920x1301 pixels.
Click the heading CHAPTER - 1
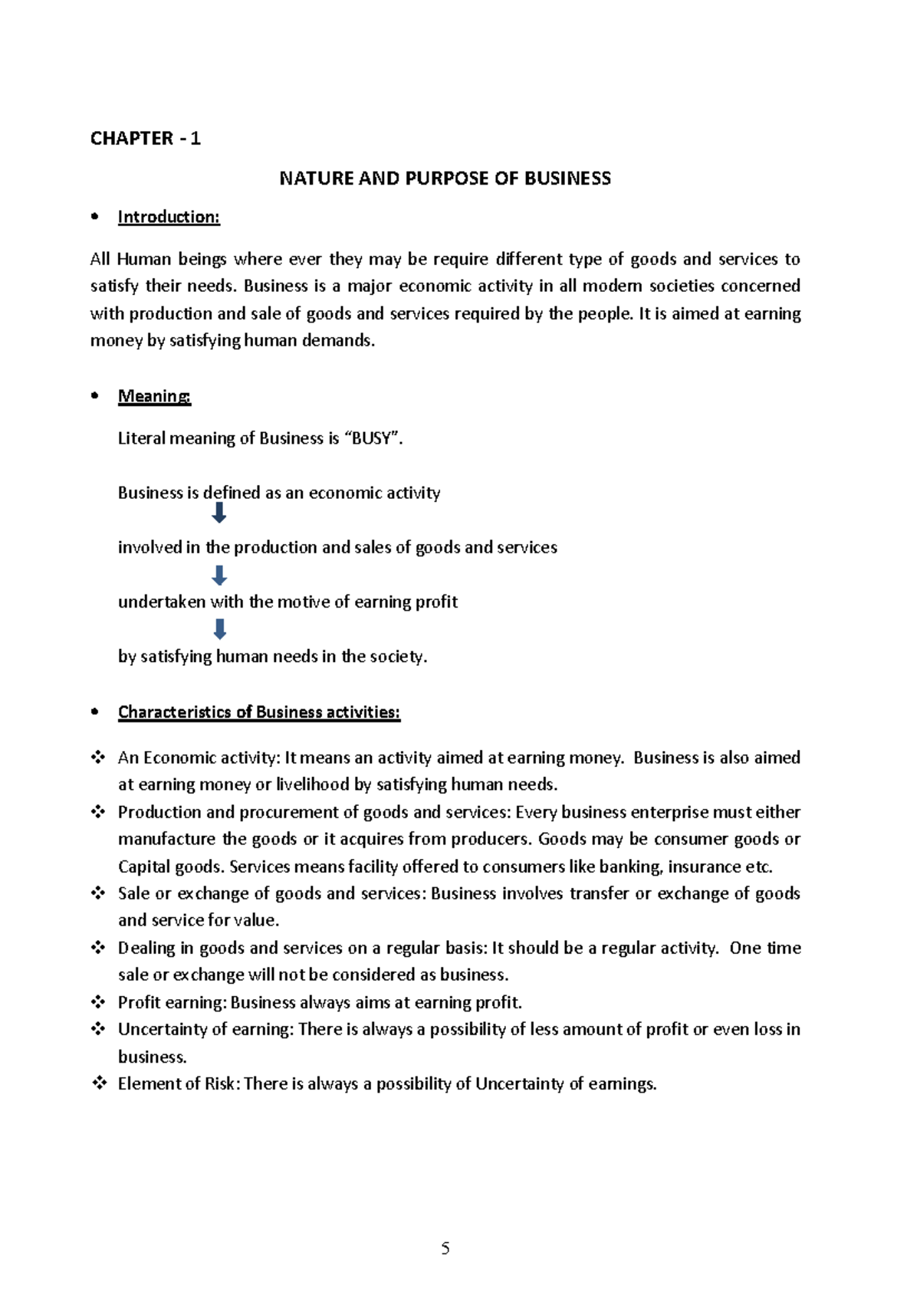145,139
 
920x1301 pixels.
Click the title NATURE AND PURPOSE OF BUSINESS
445,179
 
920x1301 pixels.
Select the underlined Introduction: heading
169,218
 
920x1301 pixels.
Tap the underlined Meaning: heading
154,396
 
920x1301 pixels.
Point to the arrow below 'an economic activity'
219,513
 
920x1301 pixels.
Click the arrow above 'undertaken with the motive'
219,575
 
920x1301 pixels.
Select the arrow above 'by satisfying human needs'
219,629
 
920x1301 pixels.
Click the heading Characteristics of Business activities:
259,713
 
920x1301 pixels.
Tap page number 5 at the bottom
445,1249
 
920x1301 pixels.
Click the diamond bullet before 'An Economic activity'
98,757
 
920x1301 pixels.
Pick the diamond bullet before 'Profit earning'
98,1001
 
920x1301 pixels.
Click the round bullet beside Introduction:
95,217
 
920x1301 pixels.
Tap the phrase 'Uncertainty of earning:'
205,1029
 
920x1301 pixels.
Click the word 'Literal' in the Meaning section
141,438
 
